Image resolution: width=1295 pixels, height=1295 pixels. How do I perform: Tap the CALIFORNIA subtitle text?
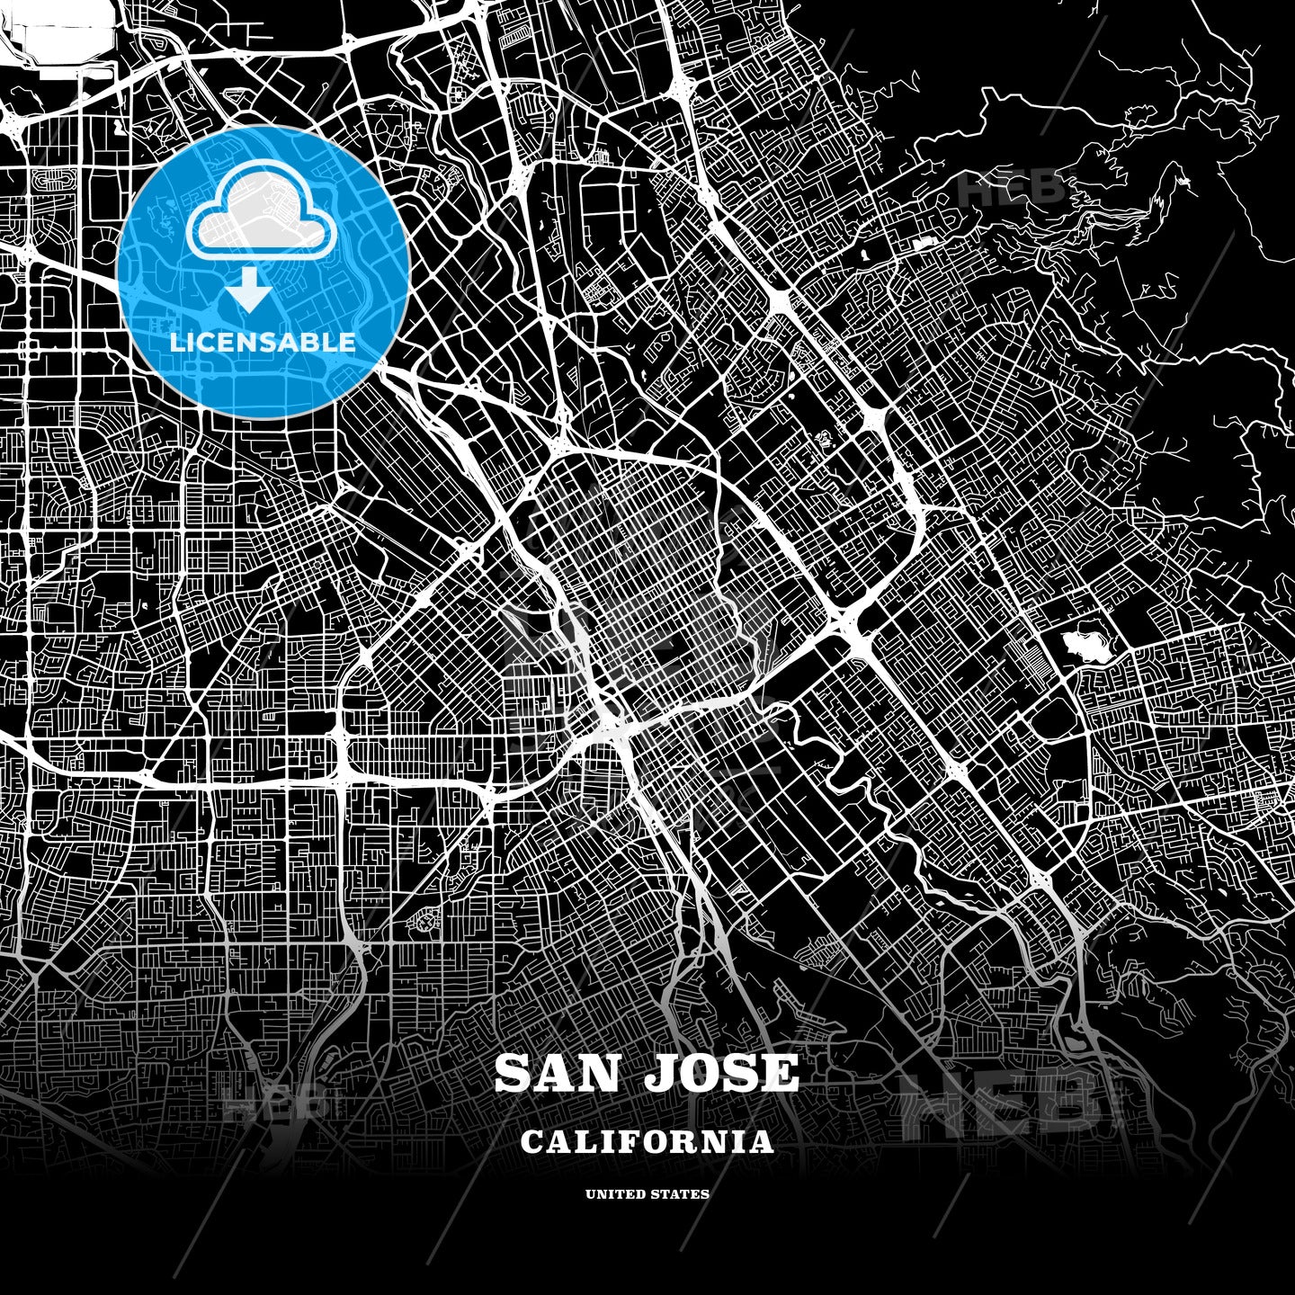tap(647, 1142)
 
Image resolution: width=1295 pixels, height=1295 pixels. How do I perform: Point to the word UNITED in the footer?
tap(614, 1194)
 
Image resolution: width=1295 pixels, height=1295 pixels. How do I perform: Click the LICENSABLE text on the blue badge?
tap(263, 343)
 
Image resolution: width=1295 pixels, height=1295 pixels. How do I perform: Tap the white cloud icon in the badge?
tap(262, 215)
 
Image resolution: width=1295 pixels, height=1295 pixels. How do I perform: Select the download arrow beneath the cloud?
tap(251, 293)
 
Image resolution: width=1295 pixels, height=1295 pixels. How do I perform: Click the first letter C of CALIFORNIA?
tap(531, 1142)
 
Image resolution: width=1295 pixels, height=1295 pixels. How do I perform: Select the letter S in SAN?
tap(513, 1073)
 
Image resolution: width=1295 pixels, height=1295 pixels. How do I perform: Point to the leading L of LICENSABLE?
tap(177, 343)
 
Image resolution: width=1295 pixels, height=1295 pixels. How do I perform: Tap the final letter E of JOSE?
tap(781, 1073)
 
